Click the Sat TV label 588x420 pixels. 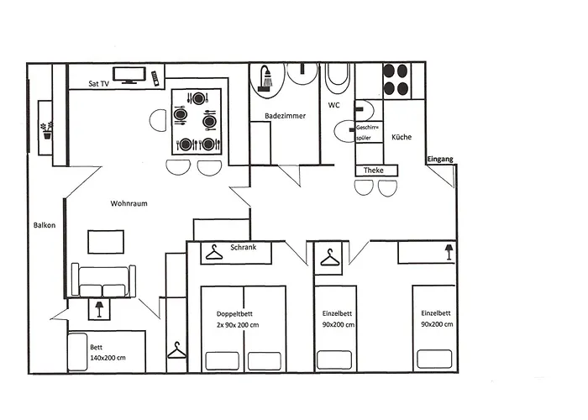pos(98,84)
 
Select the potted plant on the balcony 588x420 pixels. pos(46,129)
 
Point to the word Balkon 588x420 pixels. pos(44,225)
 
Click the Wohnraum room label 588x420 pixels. pos(129,203)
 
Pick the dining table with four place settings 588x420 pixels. pos(197,122)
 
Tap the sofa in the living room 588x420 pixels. pos(102,278)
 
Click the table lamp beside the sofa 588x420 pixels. pos(99,309)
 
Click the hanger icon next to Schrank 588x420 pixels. pos(216,250)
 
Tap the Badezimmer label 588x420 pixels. pos(285,116)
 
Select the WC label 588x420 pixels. pos(333,106)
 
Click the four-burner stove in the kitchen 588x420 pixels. pos(396,80)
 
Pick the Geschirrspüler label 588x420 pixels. pos(368,132)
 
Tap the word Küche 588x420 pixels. pos(402,136)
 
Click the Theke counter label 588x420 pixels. pos(374,171)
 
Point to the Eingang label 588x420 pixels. pos(439,159)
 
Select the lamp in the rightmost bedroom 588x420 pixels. pos(448,251)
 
